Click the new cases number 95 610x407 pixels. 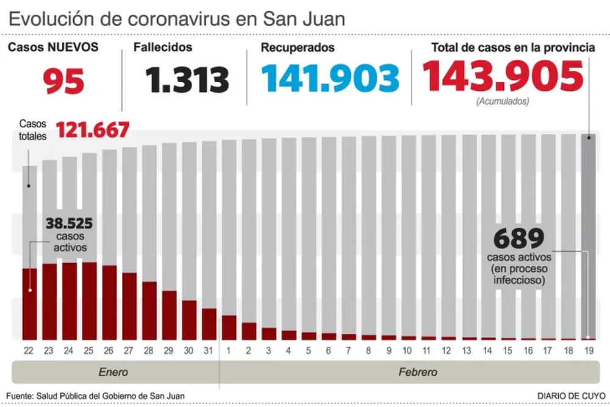63,80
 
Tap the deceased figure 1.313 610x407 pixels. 187,80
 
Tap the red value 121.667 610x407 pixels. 93,130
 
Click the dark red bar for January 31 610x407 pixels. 209,324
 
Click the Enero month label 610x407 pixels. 113,372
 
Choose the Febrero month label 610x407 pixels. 417,372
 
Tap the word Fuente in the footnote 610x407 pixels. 22,396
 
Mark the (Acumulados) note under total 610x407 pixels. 503,102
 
